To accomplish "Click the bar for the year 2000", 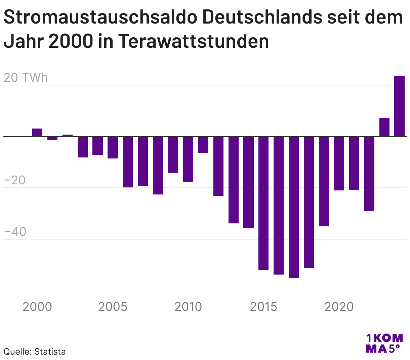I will coord(37,133).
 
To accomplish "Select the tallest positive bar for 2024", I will coord(399,106).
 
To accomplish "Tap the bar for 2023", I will coord(384,127).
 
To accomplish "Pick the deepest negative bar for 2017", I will coord(294,207).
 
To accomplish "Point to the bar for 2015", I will coord(263,203).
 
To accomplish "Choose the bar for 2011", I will coord(203,145).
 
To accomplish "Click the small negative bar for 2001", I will coord(52,138).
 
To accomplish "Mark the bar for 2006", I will coord(128,162).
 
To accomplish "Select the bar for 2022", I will coord(369,174).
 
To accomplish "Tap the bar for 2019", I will coord(324,181).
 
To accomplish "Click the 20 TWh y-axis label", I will coord(26,78).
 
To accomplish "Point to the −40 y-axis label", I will coord(15,232).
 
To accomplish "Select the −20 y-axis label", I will coord(15,180).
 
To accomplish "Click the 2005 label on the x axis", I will coord(113,307).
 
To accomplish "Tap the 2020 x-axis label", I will coord(339,307).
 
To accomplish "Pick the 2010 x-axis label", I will coord(188,307).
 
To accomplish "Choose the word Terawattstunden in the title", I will coord(194,41).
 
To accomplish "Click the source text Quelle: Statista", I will coord(35,352).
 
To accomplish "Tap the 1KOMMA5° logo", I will coord(384,343).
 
